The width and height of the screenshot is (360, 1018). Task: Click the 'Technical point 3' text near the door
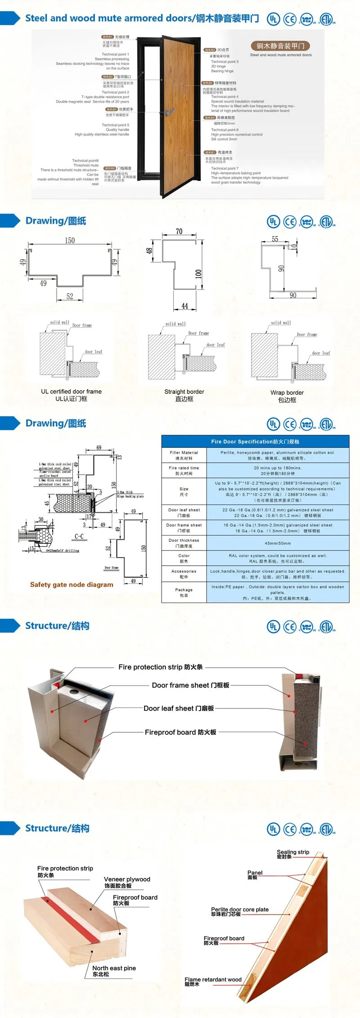[225, 62]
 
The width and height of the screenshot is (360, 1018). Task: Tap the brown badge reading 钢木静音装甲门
[280, 46]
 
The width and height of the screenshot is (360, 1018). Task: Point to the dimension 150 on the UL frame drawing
[70, 241]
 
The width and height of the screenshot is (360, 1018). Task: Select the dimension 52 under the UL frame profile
[70, 296]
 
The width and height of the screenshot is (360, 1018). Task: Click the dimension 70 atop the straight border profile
[179, 232]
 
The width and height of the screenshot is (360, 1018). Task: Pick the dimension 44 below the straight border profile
[184, 306]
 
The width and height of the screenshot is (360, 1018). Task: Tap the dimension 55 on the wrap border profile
[275, 239]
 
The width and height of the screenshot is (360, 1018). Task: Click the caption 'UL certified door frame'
[71, 392]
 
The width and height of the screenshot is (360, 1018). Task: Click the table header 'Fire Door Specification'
[255, 441]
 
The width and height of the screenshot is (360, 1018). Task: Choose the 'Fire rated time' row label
[184, 468]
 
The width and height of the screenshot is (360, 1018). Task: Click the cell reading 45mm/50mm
[278, 543]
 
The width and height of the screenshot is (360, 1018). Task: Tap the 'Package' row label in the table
[184, 590]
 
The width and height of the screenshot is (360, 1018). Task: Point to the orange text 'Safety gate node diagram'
[72, 585]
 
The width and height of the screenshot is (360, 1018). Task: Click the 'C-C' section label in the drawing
[79, 536]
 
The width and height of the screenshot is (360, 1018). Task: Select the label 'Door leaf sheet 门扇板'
[179, 708]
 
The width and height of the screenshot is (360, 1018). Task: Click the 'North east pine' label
[114, 968]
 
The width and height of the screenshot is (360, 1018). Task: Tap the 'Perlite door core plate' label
[240, 910]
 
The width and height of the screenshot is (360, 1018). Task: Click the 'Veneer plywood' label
[127, 879]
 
